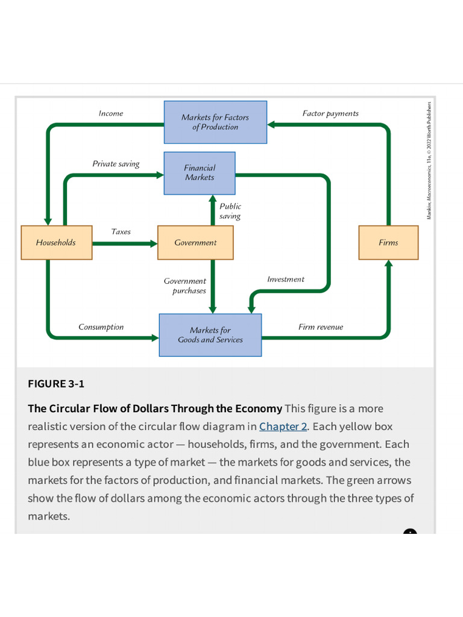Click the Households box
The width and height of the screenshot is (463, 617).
click(x=56, y=243)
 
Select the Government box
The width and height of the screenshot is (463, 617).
click(x=195, y=243)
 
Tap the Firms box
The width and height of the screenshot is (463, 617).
click(x=388, y=243)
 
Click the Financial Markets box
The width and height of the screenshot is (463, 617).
click(x=200, y=173)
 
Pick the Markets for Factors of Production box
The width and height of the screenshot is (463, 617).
click(x=215, y=122)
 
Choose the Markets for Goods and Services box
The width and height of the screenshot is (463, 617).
click(x=210, y=335)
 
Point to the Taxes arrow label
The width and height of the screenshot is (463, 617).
click(x=121, y=231)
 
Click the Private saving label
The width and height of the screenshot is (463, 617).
click(x=116, y=164)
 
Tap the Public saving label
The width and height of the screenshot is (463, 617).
click(x=230, y=211)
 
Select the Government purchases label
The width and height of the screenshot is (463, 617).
click(x=185, y=286)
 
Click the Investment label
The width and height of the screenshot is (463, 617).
click(x=286, y=279)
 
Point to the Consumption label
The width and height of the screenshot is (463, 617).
click(x=101, y=327)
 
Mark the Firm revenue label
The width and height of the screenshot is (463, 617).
click(x=321, y=327)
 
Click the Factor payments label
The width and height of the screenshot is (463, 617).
click(x=330, y=113)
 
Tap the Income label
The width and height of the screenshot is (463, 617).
click(x=111, y=113)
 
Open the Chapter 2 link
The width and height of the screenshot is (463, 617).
click(x=283, y=427)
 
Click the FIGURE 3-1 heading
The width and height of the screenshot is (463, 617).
click(x=56, y=384)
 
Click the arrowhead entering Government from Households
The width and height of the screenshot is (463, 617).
click(x=153, y=244)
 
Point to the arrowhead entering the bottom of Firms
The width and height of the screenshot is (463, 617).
click(x=388, y=264)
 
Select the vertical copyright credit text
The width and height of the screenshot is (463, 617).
click(x=429, y=160)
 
